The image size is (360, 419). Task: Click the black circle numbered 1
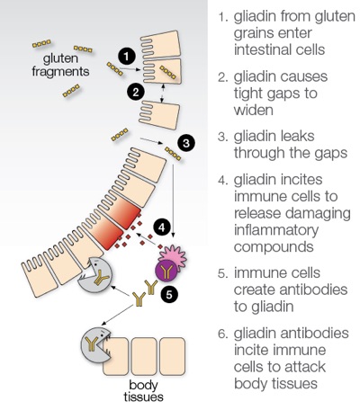pyautogui.click(x=127, y=56)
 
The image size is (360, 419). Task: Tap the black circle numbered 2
pyautogui.click(x=136, y=92)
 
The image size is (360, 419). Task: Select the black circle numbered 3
pyautogui.click(x=186, y=143)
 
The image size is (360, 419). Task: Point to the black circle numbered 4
pyautogui.click(x=162, y=227)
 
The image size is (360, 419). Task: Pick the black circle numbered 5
pyautogui.click(x=169, y=295)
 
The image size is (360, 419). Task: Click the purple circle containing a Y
pyautogui.click(x=166, y=271)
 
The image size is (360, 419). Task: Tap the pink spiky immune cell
pyautogui.click(x=174, y=255)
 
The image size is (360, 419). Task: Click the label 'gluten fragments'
pyautogui.click(x=60, y=66)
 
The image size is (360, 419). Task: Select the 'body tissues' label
pyautogui.click(x=143, y=391)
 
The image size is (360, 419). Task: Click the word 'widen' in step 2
pyautogui.click(x=254, y=110)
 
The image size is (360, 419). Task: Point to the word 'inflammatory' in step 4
pyautogui.click(x=276, y=230)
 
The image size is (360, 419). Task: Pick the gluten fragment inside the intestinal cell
pyautogui.click(x=167, y=72)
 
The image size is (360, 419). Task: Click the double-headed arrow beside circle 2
pyautogui.click(x=163, y=94)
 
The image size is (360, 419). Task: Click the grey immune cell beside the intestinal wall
pyautogui.click(x=95, y=274)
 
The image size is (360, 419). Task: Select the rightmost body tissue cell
pyautogui.click(x=172, y=356)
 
